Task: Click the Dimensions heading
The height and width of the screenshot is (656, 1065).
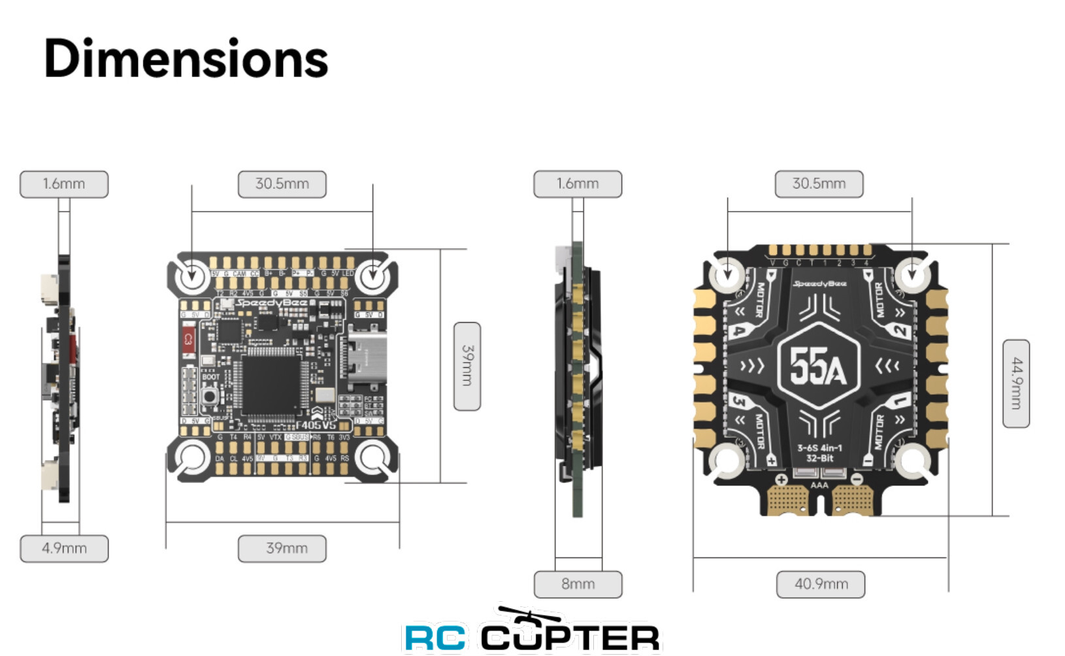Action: [x=186, y=59]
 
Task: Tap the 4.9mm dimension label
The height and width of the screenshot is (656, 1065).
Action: [x=64, y=548]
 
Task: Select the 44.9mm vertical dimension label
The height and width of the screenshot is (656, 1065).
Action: [x=1016, y=384]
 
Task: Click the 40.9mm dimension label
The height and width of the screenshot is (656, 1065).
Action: [x=821, y=584]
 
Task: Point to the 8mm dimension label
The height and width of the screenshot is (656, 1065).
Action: [x=578, y=584]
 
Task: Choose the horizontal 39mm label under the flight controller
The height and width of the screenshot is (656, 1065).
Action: [x=282, y=548]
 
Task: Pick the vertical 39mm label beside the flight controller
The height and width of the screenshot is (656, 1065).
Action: [x=467, y=366]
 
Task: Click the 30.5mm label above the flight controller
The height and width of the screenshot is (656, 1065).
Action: [x=282, y=184]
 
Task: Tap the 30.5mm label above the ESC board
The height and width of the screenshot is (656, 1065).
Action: [x=819, y=184]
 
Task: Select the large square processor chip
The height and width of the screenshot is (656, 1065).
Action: [x=270, y=385]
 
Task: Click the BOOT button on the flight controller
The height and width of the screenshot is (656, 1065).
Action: [x=210, y=396]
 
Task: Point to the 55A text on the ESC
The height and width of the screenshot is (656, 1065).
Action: [x=818, y=366]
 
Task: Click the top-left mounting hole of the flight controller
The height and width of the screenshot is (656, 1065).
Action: [x=191, y=274]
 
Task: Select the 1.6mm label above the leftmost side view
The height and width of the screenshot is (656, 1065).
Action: [x=64, y=184]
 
